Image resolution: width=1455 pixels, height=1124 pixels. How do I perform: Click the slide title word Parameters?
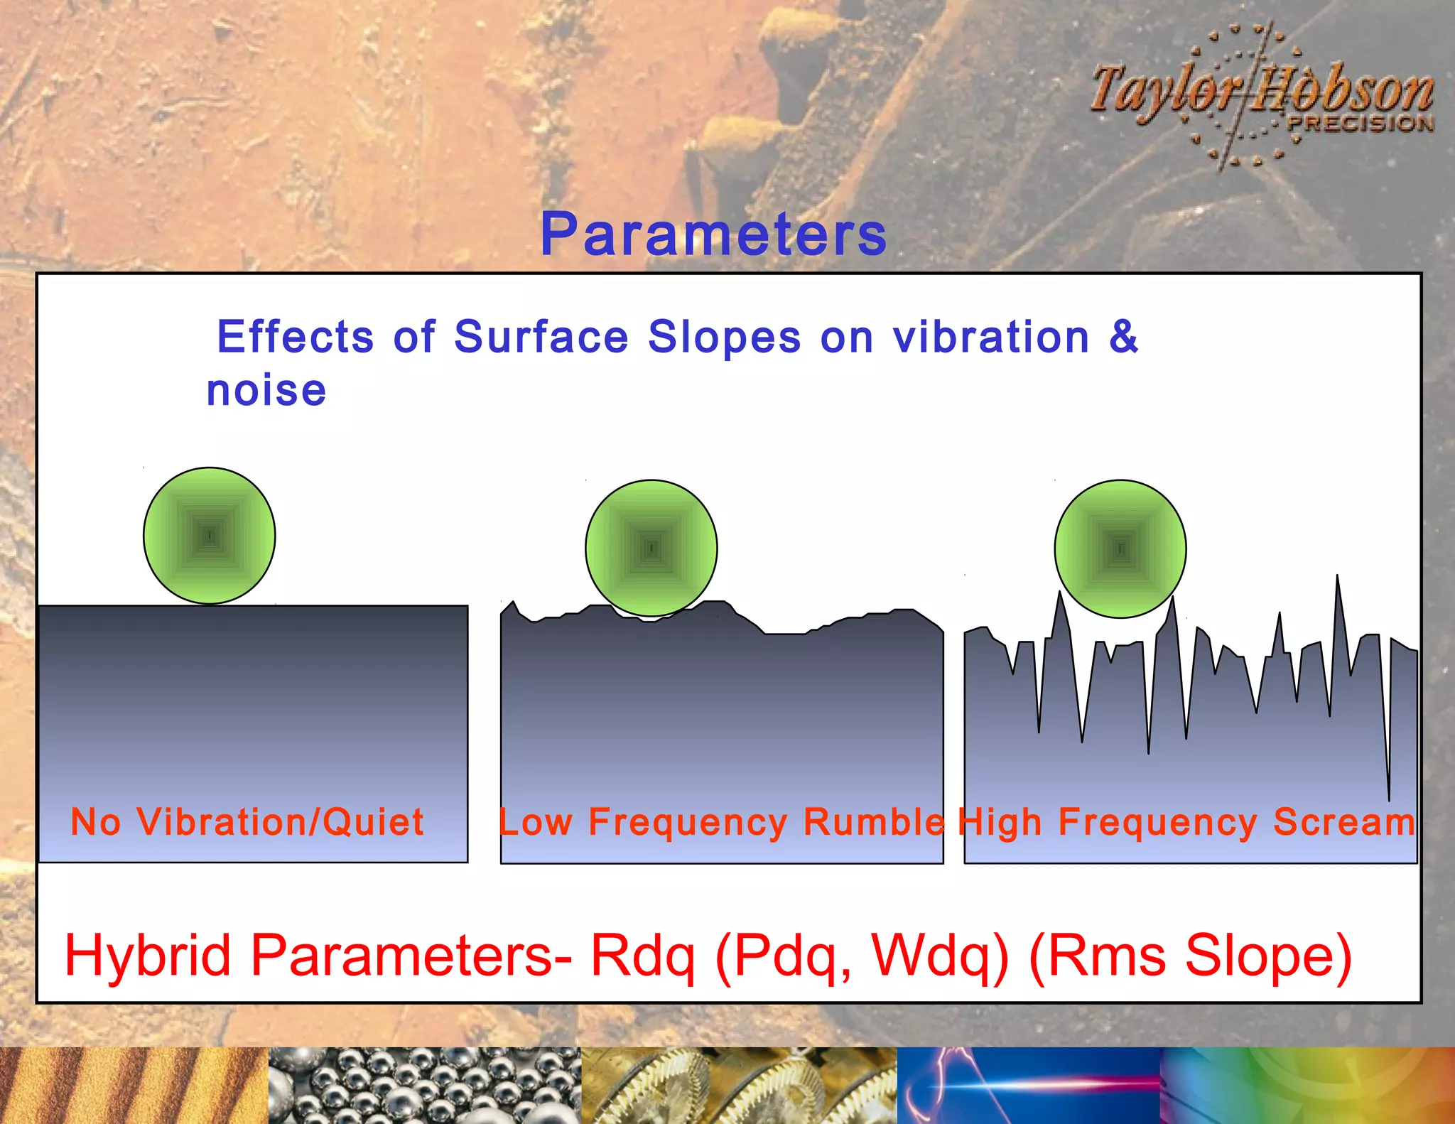click(x=713, y=234)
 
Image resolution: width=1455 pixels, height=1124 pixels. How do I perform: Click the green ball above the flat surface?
click(x=210, y=536)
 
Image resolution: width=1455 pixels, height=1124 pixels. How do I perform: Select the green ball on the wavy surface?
click(x=651, y=548)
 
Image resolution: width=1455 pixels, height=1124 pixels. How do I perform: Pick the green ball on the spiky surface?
click(x=1120, y=549)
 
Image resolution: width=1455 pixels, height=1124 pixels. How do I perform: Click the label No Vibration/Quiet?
click(x=247, y=822)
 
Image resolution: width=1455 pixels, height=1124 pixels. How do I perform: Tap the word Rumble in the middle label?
click(x=874, y=822)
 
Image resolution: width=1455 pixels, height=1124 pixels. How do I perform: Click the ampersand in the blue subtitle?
click(x=1123, y=336)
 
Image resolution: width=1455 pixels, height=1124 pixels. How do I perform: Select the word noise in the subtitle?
click(x=266, y=391)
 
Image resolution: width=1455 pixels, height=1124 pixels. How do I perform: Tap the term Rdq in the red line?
click(x=642, y=956)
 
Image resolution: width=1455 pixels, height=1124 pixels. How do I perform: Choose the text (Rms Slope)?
click(x=1190, y=956)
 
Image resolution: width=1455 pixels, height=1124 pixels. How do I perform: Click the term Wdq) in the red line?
click(x=939, y=956)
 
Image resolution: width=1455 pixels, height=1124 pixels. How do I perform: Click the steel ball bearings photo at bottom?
click(x=424, y=1086)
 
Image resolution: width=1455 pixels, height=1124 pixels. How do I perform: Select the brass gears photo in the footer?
click(x=739, y=1086)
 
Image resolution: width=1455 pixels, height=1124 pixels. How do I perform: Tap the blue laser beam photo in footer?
click(x=1028, y=1086)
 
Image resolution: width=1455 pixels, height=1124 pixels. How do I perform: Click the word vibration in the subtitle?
click(x=991, y=336)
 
